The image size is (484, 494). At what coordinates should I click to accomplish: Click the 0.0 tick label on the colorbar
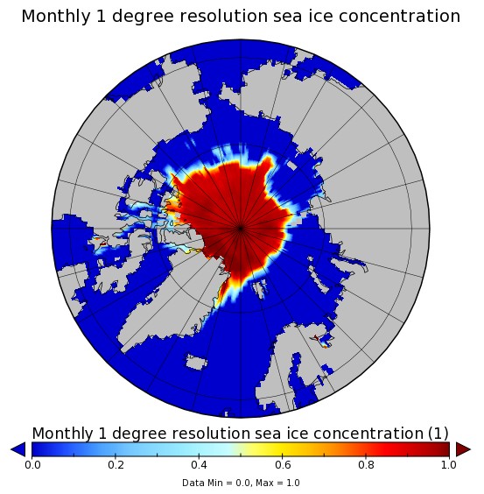click(x=32, y=465)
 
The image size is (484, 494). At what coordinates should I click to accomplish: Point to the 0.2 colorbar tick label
click(x=116, y=465)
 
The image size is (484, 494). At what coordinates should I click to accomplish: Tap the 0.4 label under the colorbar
click(x=199, y=465)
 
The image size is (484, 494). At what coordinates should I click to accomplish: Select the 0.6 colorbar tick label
click(x=283, y=465)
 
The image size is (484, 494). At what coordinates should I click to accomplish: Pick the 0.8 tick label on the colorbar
click(x=366, y=465)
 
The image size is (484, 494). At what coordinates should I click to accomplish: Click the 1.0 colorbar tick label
click(x=449, y=465)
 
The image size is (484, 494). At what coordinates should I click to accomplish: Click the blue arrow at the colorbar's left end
click(x=18, y=449)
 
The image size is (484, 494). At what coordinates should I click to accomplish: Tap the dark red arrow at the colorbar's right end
click(x=463, y=449)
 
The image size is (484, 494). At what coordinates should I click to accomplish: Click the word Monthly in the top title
click(x=56, y=17)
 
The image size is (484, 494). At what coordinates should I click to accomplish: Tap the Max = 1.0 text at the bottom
click(x=277, y=483)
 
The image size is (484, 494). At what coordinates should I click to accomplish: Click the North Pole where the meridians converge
click(x=241, y=229)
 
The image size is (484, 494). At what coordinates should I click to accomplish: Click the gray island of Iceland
click(x=196, y=362)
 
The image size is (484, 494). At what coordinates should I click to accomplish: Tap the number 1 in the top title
click(x=101, y=17)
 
